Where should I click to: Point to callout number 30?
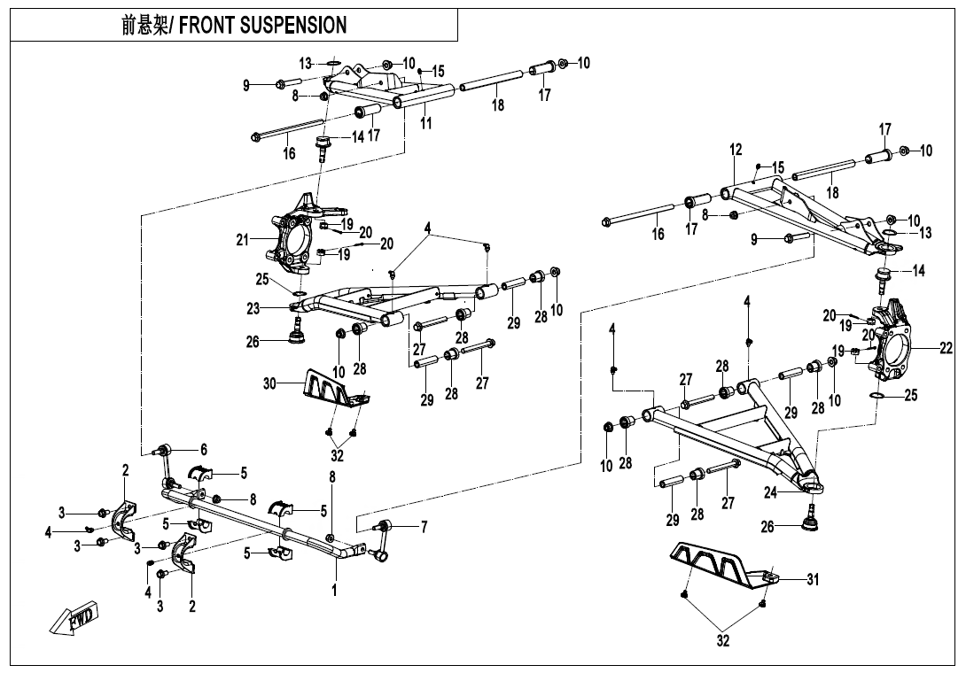tap(269, 383)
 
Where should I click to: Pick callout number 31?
tap(813, 580)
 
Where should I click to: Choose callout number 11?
tap(426, 123)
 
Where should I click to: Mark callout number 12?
tap(736, 151)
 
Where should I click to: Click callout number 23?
tap(253, 308)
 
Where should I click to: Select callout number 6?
tap(203, 450)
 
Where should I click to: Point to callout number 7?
tap(424, 528)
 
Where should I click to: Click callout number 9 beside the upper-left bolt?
tap(246, 85)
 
